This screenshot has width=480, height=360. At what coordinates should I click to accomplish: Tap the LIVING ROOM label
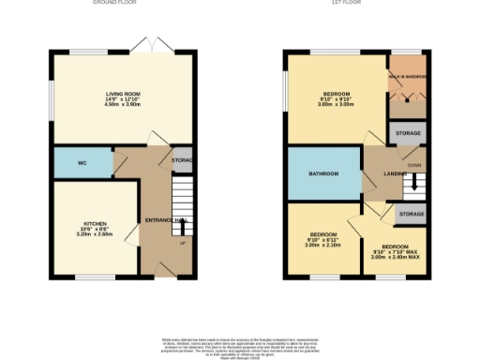(x=121, y=94)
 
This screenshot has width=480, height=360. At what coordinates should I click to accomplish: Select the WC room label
(x=82, y=163)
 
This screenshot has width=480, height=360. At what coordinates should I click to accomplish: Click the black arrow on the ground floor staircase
(x=183, y=224)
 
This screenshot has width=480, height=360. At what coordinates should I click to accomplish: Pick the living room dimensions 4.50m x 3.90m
(x=121, y=105)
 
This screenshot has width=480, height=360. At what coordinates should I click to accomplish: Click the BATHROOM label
(x=323, y=173)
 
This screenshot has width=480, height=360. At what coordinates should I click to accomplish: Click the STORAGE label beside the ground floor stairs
(x=183, y=160)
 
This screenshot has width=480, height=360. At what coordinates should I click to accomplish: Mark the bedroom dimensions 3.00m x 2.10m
(x=323, y=245)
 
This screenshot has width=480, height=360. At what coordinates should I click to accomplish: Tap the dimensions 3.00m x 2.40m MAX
(x=395, y=256)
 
